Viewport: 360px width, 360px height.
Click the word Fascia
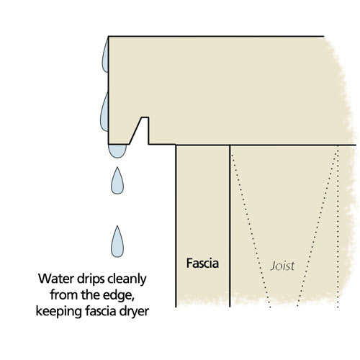(202, 264)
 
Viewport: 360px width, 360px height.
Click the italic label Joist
(282, 266)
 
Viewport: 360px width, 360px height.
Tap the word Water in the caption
(55, 279)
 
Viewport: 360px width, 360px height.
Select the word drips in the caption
(91, 279)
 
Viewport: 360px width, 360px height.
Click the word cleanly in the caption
(127, 279)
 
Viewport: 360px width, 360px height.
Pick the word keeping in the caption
(59, 312)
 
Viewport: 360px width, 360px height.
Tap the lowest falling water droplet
(117, 242)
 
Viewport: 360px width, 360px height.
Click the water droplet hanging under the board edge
(117, 150)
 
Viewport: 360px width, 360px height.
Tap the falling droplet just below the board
(117, 181)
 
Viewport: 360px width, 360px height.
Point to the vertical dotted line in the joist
(338, 226)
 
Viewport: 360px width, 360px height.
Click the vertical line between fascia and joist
(230, 226)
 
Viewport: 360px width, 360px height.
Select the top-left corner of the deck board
(109, 37)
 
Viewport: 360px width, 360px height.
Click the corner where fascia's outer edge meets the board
(176, 145)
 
